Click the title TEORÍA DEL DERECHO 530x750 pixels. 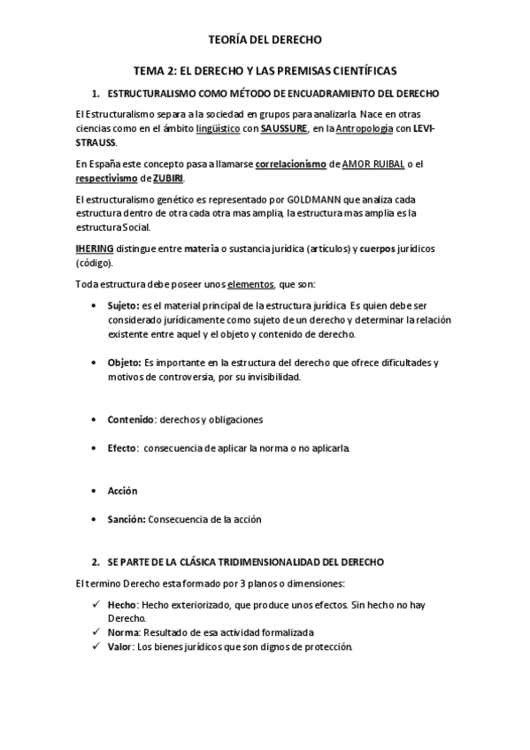pos(265,40)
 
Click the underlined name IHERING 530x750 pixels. pos(95,249)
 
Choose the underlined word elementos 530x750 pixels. pos(251,285)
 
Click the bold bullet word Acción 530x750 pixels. pos(122,491)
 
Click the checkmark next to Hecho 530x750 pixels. pos(96,604)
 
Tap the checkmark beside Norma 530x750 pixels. pos(96,632)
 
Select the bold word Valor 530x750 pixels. pos(121,647)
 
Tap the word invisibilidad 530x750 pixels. pos(270,378)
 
